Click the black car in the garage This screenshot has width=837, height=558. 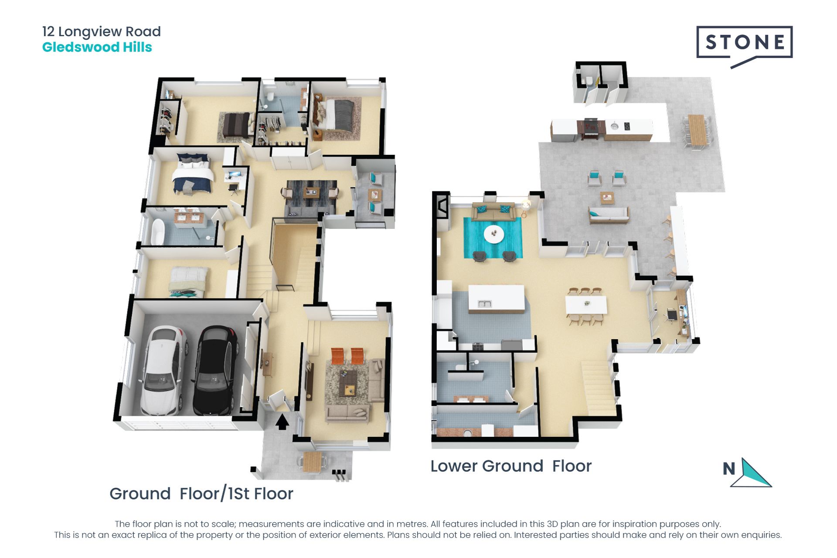coord(215,370)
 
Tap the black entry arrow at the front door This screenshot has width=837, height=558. coord(282,422)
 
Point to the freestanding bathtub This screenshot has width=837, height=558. coord(157,231)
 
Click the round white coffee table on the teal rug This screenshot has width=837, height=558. coord(494,234)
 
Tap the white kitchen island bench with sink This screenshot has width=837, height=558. coord(497,299)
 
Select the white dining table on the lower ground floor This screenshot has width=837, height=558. coord(586,304)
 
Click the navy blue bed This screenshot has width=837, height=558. coord(192,174)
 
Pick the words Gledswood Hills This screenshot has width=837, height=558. coord(97,47)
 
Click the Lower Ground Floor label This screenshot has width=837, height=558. coord(510,466)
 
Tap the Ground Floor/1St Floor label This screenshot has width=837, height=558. coord(201,494)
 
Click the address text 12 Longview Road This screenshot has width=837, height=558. coord(101,31)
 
